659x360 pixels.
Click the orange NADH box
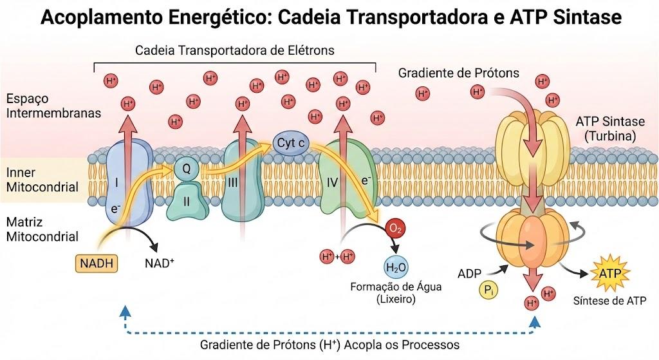coord(97,263)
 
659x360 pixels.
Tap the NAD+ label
coord(160,263)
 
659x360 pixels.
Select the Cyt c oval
coord(291,144)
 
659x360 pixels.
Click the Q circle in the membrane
coord(186,169)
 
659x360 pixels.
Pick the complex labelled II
coord(187,202)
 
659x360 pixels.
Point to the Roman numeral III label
coord(233,182)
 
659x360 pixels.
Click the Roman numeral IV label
coord(333,183)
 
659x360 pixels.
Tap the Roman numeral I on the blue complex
coord(116,182)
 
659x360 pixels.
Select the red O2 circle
coord(396,229)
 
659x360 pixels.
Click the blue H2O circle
coord(396,267)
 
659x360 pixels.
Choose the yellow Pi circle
coord(488,290)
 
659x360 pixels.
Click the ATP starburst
coord(610,273)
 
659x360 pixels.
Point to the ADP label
coord(469,274)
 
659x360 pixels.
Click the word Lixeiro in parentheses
coord(396,299)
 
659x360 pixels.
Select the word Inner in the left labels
coord(21,173)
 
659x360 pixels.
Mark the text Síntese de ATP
coord(609,301)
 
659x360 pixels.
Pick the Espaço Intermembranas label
coord(53,106)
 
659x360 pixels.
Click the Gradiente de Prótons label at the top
coord(458,73)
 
